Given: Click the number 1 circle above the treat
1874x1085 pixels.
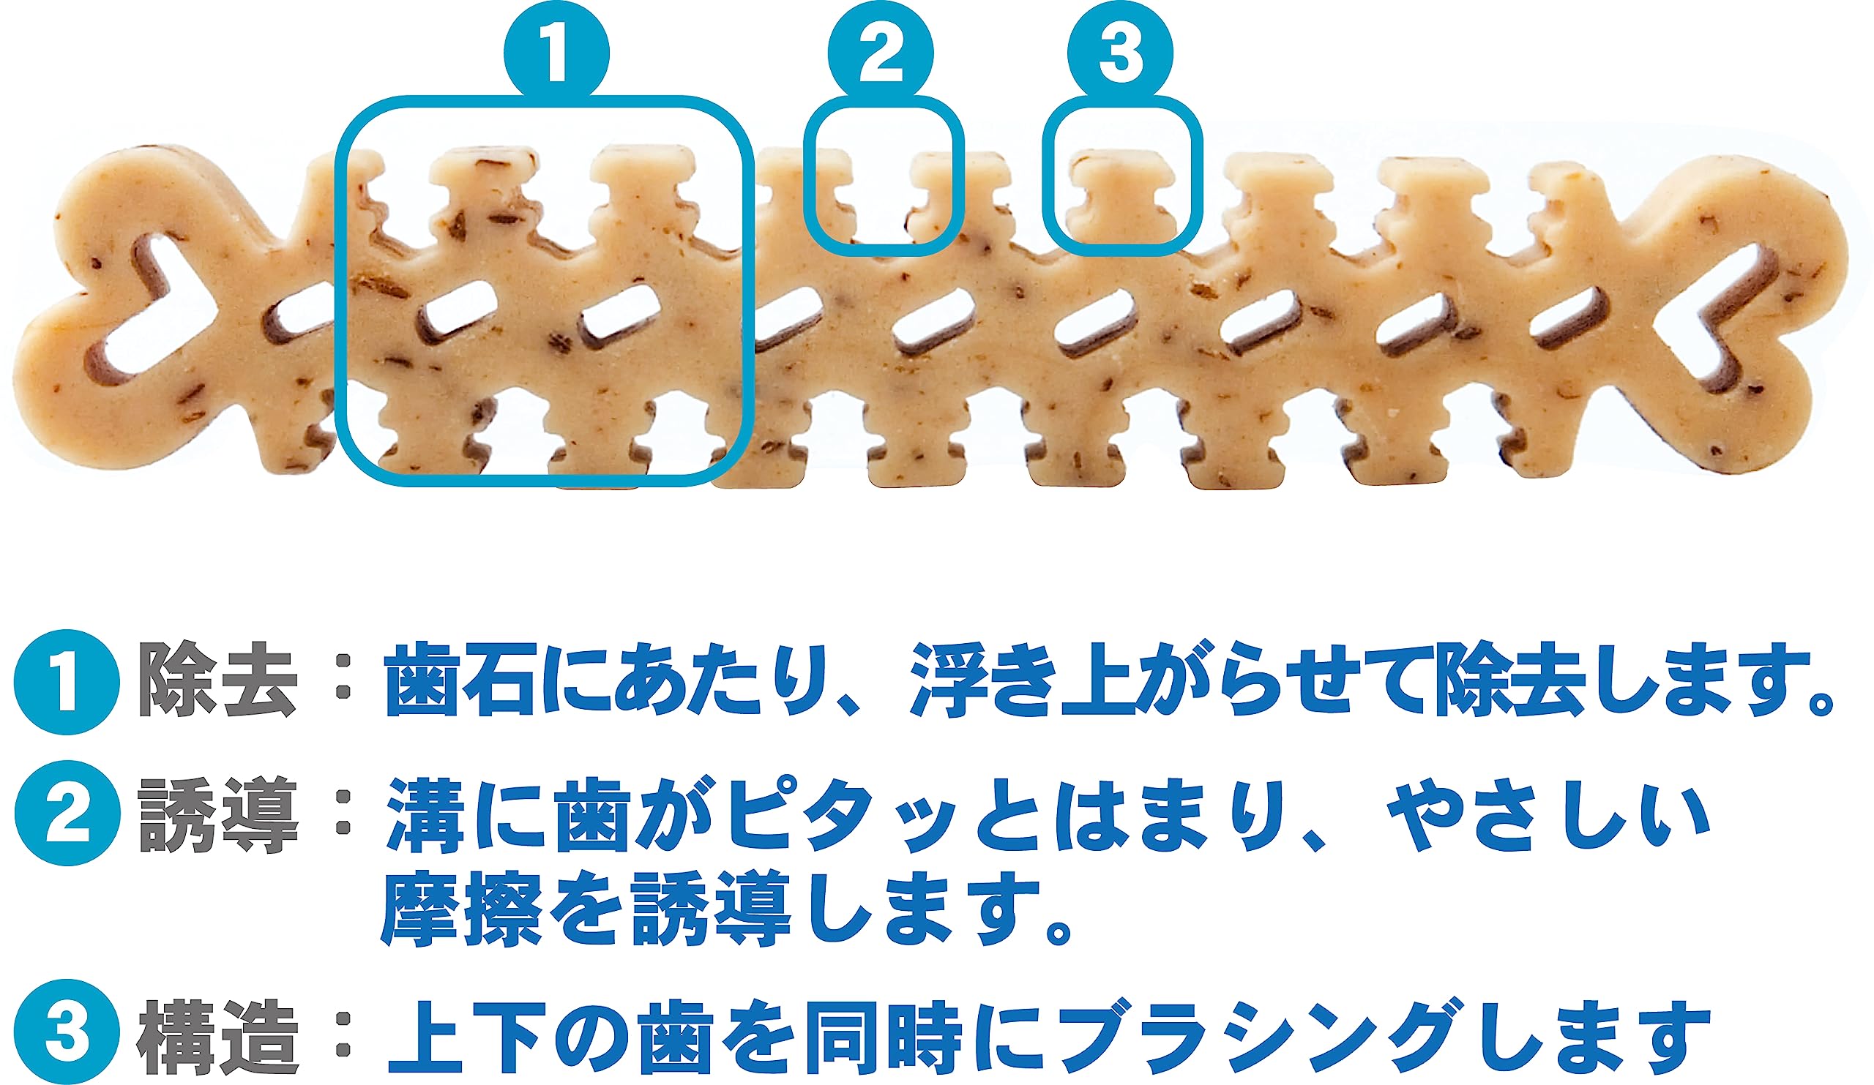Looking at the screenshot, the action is click(x=557, y=54).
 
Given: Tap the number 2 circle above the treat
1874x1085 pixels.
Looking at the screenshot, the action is click(x=881, y=54).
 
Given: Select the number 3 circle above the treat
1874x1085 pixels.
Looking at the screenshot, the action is click(x=1120, y=54).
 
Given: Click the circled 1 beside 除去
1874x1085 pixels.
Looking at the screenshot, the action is click(x=67, y=682).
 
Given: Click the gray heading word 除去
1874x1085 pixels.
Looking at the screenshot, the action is click(x=219, y=680).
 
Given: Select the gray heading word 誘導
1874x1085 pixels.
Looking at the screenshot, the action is click(x=219, y=814).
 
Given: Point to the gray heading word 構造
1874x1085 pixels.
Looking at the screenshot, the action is click(x=219, y=1036).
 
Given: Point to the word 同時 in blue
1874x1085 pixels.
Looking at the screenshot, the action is click(x=884, y=1036).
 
